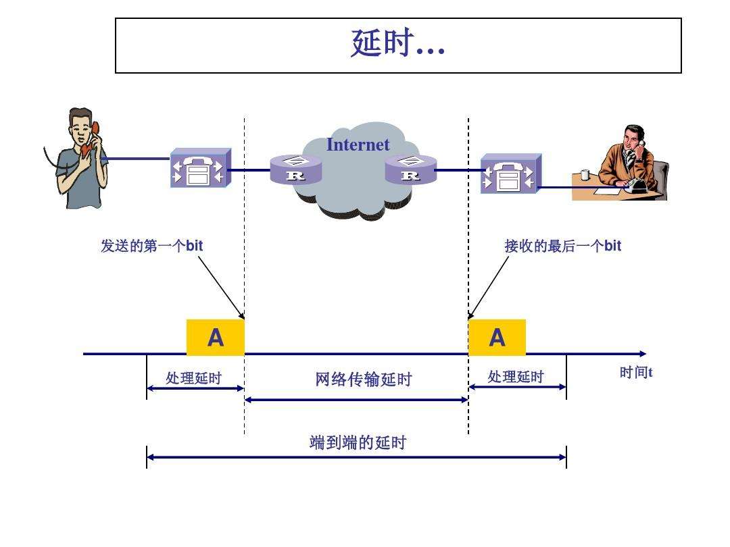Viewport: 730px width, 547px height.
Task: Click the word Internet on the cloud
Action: coord(358,145)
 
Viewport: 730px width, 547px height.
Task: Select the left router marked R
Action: coord(295,170)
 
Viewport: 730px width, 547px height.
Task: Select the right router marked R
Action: coord(410,170)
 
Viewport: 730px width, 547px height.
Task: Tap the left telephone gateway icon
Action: coord(200,168)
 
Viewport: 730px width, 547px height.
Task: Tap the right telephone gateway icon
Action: coord(510,174)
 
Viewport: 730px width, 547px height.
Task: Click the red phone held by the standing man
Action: coord(95,128)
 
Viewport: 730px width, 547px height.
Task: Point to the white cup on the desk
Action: coord(585,175)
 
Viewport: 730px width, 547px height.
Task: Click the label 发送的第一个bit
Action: coord(151,246)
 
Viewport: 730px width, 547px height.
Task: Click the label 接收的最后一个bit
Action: coord(562,246)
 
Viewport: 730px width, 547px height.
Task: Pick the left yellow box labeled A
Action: coord(215,337)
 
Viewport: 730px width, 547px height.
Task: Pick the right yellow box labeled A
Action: coord(497,337)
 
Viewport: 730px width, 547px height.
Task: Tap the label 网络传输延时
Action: coord(363,380)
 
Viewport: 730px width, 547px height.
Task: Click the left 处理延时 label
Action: coord(193,377)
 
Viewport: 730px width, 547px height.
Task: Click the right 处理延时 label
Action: coord(515,377)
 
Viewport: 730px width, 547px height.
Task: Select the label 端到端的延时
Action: coord(358,443)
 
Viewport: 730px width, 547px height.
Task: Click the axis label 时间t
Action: coord(635,372)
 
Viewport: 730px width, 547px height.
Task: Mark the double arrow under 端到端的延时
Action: coord(356,457)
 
